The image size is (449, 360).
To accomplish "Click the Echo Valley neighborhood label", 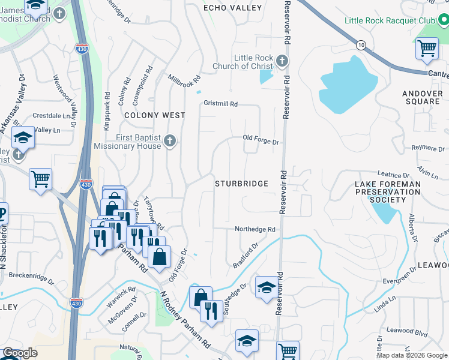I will tap(233, 8).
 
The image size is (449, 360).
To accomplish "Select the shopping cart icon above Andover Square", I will tap(427, 49).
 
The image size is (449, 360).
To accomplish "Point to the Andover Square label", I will tap(421, 97).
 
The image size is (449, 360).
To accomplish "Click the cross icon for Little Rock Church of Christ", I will tap(282, 61).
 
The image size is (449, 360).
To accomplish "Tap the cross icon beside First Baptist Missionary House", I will tap(170, 141).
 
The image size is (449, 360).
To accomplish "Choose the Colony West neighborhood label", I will tap(154, 115).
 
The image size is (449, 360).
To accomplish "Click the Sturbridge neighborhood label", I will tap(241, 184).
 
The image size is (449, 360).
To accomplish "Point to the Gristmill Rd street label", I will tap(220, 104).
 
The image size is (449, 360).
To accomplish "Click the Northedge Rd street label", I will tap(255, 229).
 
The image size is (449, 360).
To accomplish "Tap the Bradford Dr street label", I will tap(246, 256).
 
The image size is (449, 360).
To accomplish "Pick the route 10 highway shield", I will tap(360, 46).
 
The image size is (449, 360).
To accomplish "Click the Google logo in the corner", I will tap(20, 353).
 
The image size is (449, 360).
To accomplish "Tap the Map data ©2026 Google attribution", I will tap(412, 355).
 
